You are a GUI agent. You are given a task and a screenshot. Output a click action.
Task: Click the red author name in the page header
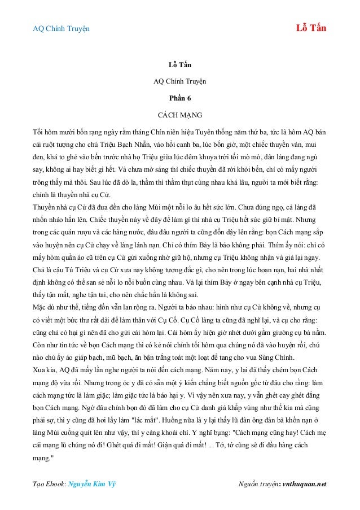click(311, 28)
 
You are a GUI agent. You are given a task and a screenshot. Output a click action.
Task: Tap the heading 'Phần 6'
click(180, 98)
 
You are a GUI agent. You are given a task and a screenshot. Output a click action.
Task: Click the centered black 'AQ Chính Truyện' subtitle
click(180, 82)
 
